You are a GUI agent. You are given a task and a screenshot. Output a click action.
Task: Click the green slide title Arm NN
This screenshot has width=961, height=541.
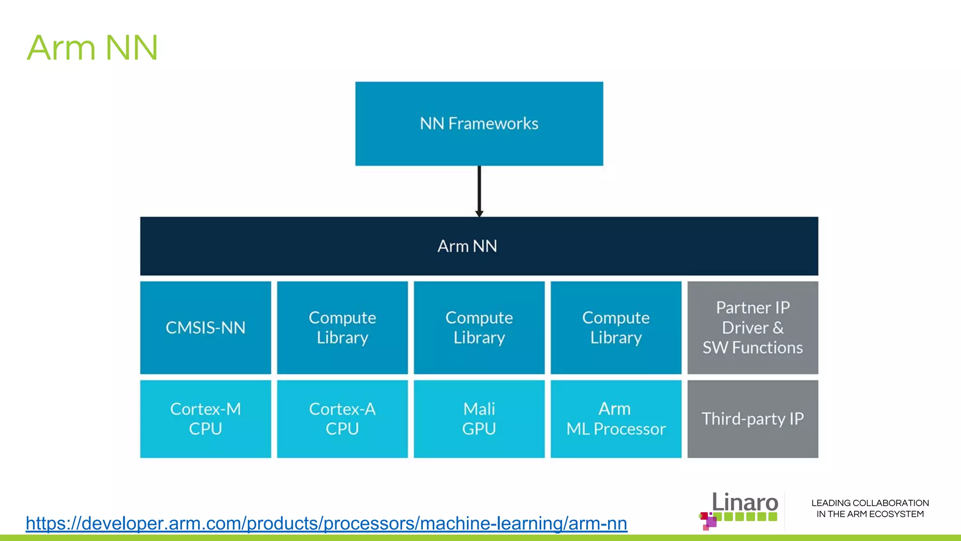[x=92, y=48]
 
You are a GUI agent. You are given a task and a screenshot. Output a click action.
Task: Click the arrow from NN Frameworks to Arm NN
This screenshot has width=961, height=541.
[x=479, y=190]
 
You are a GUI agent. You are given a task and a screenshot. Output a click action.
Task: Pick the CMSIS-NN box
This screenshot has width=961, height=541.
[x=206, y=327]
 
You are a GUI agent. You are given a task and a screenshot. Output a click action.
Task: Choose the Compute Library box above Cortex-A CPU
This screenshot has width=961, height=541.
[x=343, y=327]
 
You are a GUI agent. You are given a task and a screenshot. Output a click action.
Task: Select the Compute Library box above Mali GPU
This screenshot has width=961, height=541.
[x=479, y=327]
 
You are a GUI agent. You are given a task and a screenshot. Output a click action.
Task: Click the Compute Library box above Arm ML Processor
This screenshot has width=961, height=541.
[x=616, y=327]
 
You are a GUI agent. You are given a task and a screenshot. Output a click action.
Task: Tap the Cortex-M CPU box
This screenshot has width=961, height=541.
[x=206, y=418]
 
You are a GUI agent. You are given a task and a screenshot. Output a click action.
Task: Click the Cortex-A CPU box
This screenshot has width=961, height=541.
[x=343, y=418]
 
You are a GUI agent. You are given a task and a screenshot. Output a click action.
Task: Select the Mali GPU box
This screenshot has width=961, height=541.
[x=479, y=418]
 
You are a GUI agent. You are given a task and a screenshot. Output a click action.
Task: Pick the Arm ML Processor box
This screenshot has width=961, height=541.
[x=616, y=418]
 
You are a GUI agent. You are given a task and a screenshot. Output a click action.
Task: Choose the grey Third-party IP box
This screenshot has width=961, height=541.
[x=753, y=418]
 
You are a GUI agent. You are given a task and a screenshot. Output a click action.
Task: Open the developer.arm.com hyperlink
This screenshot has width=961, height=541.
[x=326, y=523]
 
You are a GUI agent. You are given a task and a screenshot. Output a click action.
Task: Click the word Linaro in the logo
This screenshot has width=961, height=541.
[x=745, y=502]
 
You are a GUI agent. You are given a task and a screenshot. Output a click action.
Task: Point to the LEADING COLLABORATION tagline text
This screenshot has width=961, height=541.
[x=870, y=508]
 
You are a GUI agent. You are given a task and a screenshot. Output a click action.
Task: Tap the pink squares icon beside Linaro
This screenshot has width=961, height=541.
[x=708, y=520]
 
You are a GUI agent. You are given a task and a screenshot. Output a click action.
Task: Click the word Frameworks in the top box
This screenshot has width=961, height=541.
[x=493, y=124]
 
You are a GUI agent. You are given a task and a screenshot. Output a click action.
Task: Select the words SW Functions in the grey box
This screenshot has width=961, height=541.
[x=753, y=348]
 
